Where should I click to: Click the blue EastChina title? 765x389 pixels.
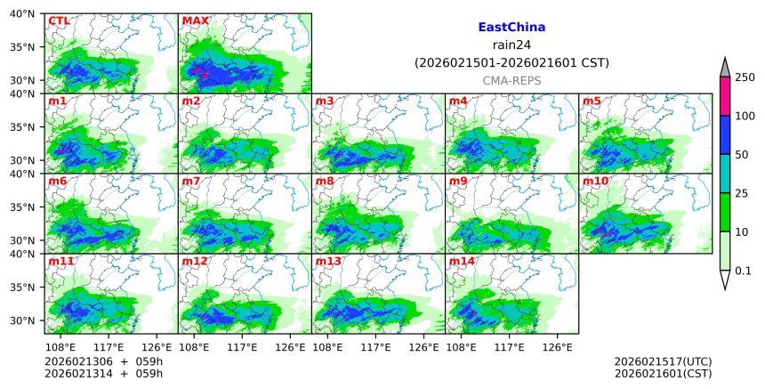click(x=511, y=28)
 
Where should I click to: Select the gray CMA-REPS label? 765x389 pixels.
click(x=511, y=80)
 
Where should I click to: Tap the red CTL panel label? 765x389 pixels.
click(x=59, y=20)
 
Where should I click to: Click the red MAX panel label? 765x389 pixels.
click(x=194, y=20)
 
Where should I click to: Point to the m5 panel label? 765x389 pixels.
click(x=592, y=101)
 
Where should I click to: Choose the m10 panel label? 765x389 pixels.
click(x=595, y=181)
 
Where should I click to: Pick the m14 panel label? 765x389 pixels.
click(x=462, y=261)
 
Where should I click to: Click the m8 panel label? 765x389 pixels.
click(x=325, y=181)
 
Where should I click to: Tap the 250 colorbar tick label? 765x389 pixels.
click(x=745, y=77)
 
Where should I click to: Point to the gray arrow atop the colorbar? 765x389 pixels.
click(x=724, y=67)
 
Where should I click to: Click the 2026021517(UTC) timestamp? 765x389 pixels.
click(x=663, y=361)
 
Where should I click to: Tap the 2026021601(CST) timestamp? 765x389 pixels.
click(x=663, y=373)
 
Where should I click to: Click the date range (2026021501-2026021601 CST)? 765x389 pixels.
click(x=511, y=62)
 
